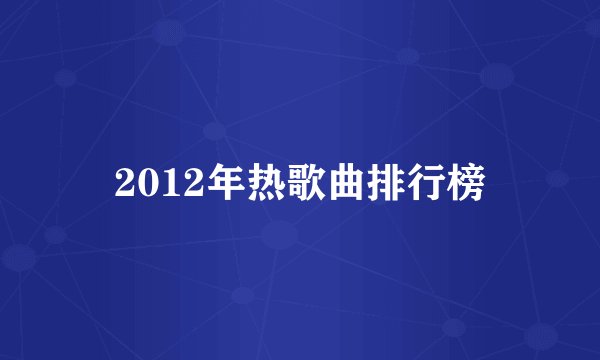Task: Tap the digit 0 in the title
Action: click(143, 184)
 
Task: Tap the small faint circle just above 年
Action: click(213, 130)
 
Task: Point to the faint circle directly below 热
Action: click(279, 236)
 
